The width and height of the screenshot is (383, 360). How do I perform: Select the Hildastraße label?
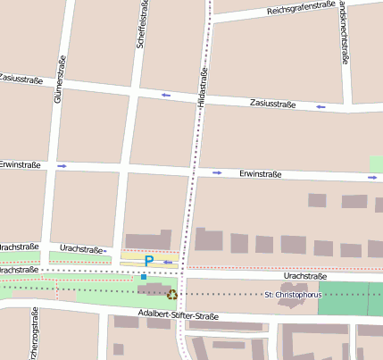tap(203, 88)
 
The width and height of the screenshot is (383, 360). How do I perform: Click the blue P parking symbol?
tap(149, 261)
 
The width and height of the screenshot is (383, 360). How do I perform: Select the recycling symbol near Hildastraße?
tap(172, 293)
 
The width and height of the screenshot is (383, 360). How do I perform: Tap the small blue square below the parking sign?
tap(143, 277)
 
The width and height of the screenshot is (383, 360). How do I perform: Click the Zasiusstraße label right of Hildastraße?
tap(272, 103)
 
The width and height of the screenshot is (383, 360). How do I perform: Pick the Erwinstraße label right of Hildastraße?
tap(261, 174)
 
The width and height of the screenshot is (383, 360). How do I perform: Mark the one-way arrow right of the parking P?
tap(168, 262)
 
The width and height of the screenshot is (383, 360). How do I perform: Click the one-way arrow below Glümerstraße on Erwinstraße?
tap(62, 165)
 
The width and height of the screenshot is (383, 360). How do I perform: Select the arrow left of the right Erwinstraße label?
tap(217, 172)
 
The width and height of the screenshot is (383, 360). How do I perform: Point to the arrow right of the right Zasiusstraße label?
tap(321, 106)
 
